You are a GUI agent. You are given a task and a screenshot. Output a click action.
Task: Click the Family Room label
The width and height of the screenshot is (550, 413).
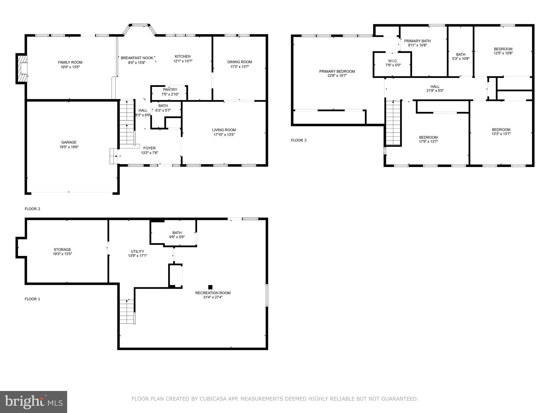70,62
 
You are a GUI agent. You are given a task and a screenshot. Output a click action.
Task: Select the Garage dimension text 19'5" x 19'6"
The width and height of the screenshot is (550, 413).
69,147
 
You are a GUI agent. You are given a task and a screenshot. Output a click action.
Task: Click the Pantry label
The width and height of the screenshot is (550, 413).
170,90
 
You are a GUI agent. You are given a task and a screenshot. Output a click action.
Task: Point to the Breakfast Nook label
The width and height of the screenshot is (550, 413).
137,58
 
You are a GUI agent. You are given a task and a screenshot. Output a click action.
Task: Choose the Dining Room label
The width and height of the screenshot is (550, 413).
240,62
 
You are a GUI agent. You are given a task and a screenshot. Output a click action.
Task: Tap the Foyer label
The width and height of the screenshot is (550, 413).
149,148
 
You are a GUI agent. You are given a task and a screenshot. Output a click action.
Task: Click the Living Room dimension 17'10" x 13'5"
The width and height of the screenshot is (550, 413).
224,135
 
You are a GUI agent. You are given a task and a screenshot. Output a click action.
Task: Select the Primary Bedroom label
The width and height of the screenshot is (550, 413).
337,71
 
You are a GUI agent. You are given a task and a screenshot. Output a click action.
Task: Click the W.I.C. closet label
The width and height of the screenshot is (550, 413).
393,61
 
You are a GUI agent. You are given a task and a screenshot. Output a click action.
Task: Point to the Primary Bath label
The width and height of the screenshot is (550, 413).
417,41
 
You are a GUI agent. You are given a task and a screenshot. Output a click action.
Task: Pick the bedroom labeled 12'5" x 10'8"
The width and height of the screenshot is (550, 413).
503,51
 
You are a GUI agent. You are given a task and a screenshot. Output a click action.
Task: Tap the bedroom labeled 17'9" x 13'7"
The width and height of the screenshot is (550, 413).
428,139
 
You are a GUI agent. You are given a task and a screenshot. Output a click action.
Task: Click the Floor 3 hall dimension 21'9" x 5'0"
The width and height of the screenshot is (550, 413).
435,91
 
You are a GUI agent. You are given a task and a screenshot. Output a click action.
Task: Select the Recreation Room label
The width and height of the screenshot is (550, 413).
213,293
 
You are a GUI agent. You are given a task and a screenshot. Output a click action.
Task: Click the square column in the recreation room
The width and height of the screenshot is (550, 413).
210,287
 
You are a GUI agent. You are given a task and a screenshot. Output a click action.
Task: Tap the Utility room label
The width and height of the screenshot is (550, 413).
137,251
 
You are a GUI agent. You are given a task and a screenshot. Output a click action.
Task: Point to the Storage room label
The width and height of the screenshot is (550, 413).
62,250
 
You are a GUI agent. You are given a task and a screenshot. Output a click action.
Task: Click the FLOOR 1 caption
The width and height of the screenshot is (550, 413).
32,299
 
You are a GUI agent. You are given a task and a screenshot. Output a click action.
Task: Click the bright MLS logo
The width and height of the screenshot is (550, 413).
34,402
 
